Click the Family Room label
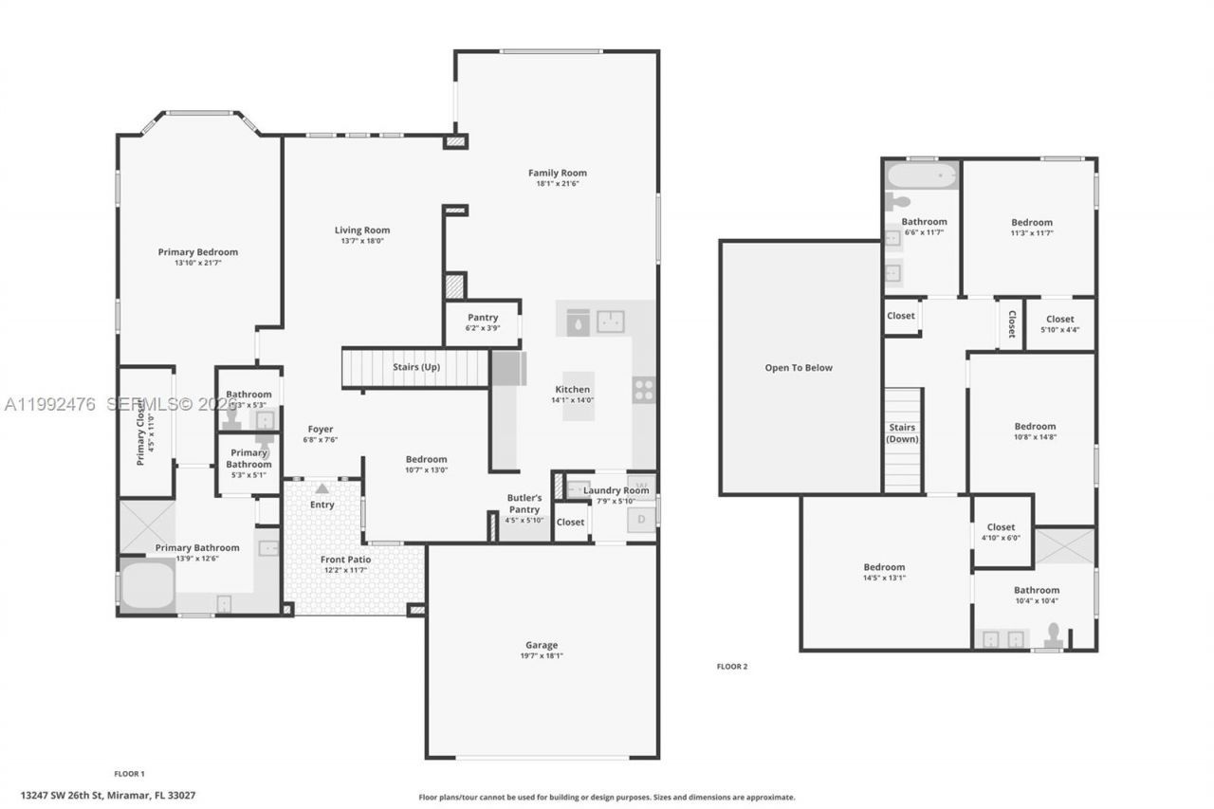coord(557,173)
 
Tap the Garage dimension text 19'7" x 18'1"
coord(542,655)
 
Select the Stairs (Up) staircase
coord(415,367)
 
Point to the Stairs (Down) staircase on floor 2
coord(902,440)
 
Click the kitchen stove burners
coord(643,390)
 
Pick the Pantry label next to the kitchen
coord(482,318)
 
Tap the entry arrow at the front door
coord(322,488)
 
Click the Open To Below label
coord(799,368)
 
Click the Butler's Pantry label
coord(524,504)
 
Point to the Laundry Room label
coord(616,490)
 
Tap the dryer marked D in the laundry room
coord(641,519)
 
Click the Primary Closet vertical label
coord(141,432)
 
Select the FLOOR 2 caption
coord(731,667)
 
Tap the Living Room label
coord(361,230)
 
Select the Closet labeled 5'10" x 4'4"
coord(1059,324)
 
